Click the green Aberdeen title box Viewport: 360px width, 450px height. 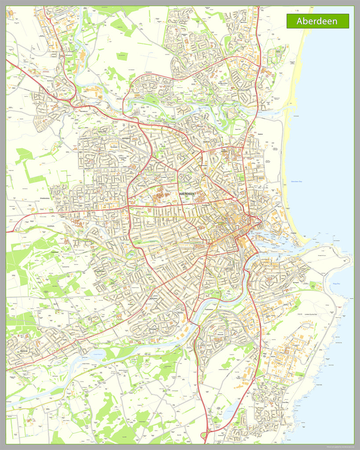click(317, 21)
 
